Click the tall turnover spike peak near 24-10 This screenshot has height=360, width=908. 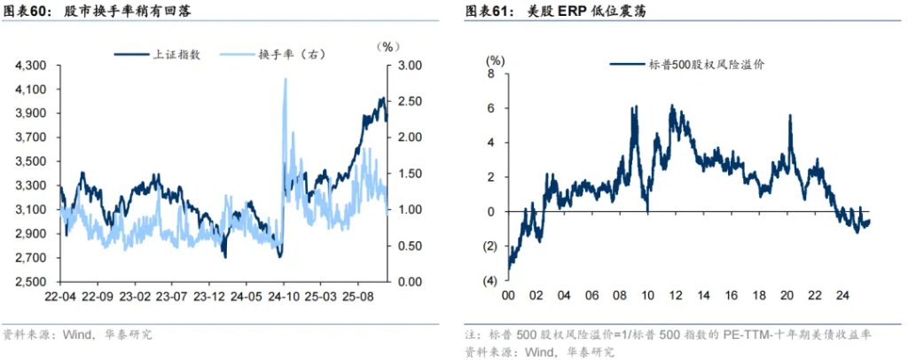pyautogui.click(x=285, y=80)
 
